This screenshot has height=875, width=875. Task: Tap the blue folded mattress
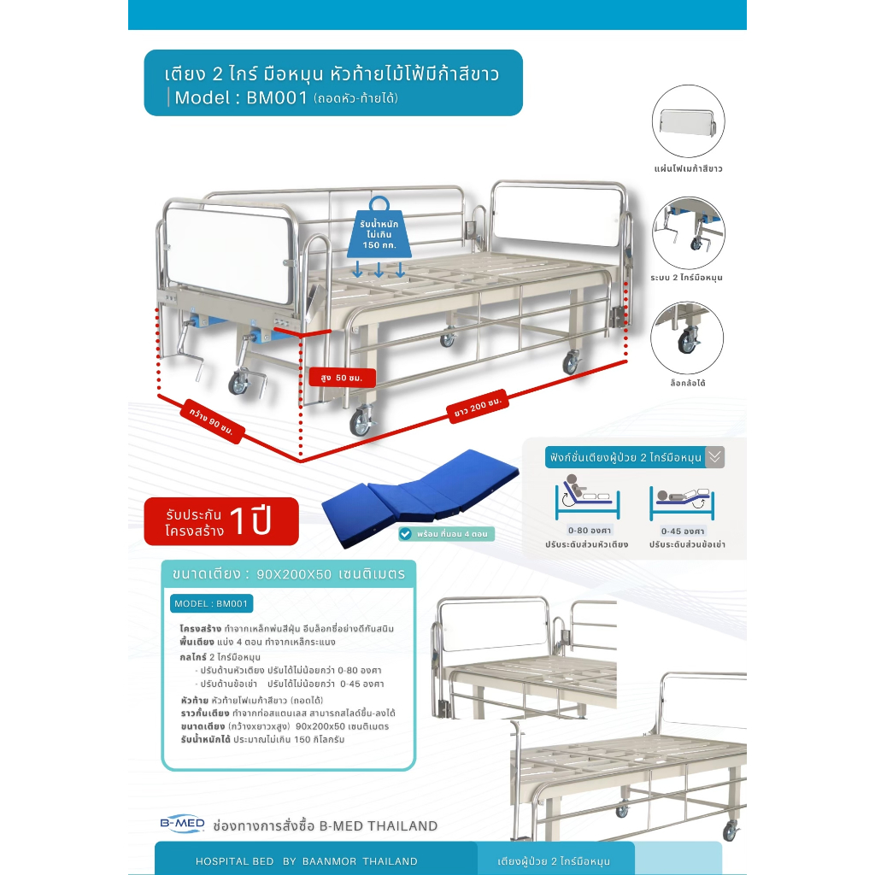pyautogui.click(x=420, y=496)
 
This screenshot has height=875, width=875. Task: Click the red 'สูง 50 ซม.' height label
pyautogui.click(x=342, y=378)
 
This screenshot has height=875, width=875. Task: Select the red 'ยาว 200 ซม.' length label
pyautogui.click(x=478, y=406)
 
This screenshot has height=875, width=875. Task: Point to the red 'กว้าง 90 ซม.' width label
pyautogui.click(x=212, y=421)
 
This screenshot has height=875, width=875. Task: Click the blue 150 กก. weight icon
pyautogui.click(x=379, y=229)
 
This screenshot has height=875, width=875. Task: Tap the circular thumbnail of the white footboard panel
pyautogui.click(x=688, y=121)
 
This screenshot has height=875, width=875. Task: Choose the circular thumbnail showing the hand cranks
pyautogui.click(x=688, y=232)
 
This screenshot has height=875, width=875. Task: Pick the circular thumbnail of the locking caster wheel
pyautogui.click(x=687, y=338)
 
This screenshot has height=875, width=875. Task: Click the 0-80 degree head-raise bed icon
pyautogui.click(x=587, y=496)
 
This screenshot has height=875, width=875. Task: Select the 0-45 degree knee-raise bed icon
pyautogui.click(x=682, y=502)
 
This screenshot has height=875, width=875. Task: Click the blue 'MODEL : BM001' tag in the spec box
pyautogui.click(x=211, y=604)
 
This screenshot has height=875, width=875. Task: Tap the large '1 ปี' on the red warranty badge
pyautogui.click(x=251, y=521)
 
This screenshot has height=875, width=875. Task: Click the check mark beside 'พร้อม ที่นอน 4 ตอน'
pyautogui.click(x=406, y=533)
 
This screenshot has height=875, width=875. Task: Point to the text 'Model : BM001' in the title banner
pyautogui.click(x=241, y=97)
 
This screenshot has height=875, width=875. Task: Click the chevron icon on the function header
pyautogui.click(x=715, y=457)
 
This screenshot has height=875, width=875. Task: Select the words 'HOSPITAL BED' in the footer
pyautogui.click(x=234, y=861)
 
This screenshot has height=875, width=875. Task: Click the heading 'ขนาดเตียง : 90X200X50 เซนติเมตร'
pyautogui.click(x=289, y=573)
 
